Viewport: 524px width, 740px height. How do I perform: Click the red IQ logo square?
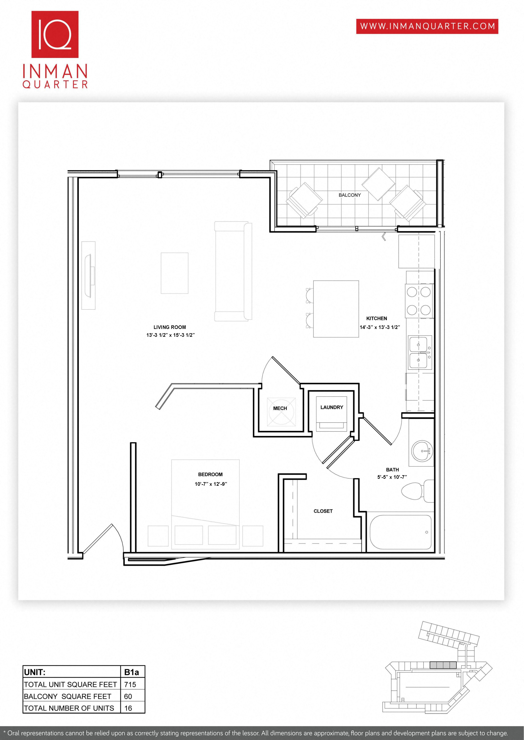tap(55, 34)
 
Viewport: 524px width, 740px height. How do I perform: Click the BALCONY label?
tap(350, 195)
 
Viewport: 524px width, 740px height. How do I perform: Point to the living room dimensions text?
tap(170, 335)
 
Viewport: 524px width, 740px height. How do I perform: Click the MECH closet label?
tap(280, 408)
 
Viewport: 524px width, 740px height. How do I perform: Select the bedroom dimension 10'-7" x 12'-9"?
tap(211, 484)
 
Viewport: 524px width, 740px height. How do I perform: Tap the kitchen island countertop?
tap(336, 309)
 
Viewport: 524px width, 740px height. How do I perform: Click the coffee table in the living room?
tap(174, 273)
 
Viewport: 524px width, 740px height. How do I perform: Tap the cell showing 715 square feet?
tap(130, 684)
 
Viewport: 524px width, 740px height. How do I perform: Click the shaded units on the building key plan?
tap(443, 665)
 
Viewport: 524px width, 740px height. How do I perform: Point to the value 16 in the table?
tap(128, 708)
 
